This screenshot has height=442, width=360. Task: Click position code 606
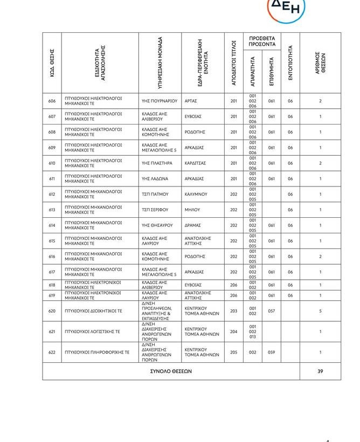[x=52, y=101]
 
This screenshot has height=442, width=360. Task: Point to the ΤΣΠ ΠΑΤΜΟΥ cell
[x=155, y=194]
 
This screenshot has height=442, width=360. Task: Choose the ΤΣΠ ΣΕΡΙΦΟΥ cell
[x=155, y=210]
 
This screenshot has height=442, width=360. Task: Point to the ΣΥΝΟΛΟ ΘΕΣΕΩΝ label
[x=170, y=371]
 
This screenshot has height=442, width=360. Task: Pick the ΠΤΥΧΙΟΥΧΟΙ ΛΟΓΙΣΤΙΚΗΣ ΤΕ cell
[x=93, y=331]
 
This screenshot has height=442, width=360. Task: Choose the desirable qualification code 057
[x=272, y=311]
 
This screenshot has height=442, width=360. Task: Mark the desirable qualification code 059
[x=272, y=352]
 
